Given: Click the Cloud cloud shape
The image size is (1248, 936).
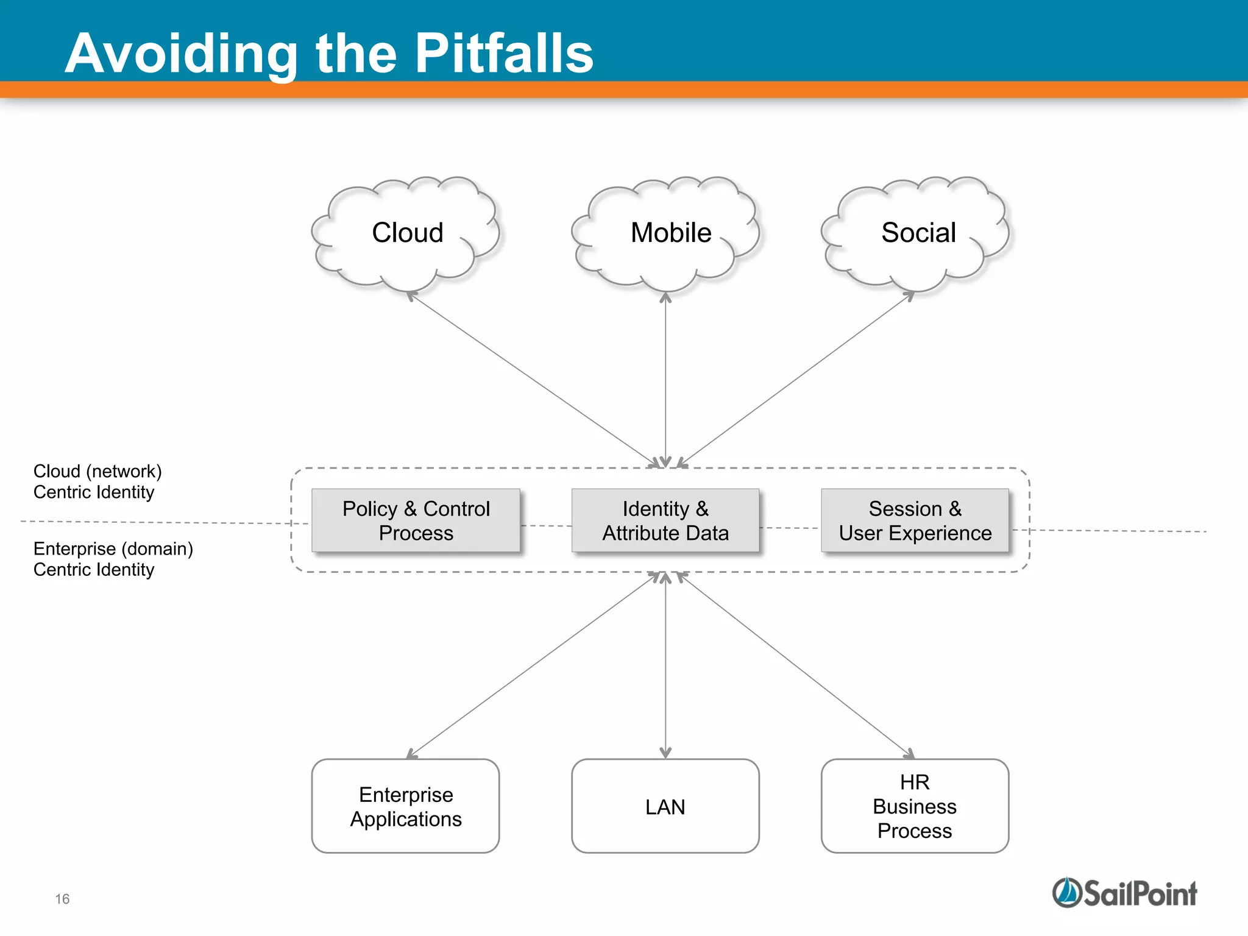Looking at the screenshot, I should [406, 233].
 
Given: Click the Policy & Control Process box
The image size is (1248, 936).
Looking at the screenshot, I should [416, 520].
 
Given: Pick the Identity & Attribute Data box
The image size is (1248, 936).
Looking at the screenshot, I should [665, 520].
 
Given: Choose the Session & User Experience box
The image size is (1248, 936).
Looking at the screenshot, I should [915, 520].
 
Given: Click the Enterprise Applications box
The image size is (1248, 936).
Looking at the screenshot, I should [405, 806].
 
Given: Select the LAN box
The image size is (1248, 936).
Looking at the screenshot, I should [665, 806].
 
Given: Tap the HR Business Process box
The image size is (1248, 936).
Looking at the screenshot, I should [915, 806].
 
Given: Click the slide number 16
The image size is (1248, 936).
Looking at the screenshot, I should [62, 899].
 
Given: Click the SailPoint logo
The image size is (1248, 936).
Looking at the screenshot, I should [1124, 893].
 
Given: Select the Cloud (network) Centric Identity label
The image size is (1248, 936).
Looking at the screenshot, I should [97, 481].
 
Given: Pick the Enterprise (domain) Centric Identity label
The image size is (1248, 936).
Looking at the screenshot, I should [113, 559].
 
